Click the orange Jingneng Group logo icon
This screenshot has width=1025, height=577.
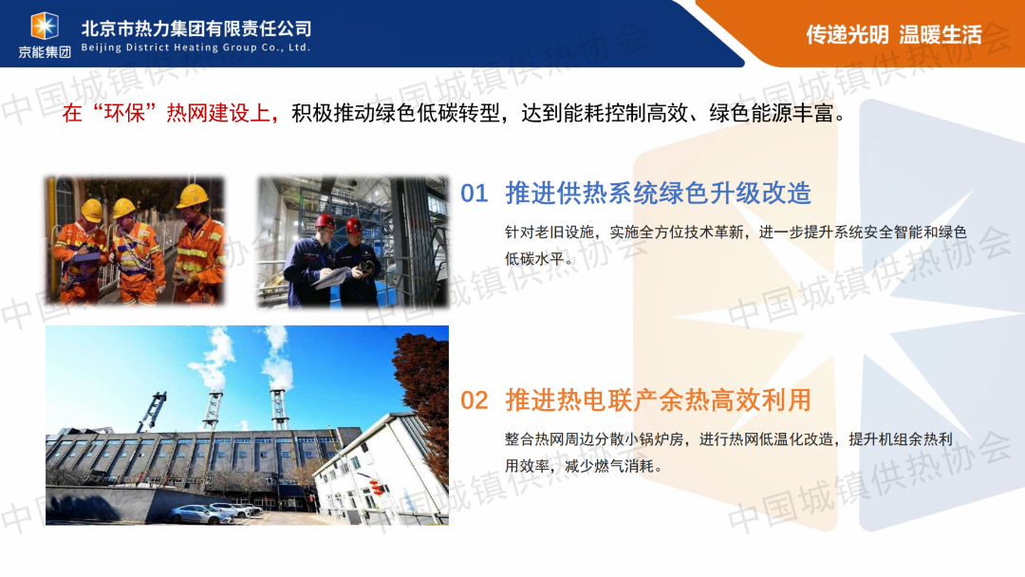(45, 27)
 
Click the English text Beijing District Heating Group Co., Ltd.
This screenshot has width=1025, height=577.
(196, 47)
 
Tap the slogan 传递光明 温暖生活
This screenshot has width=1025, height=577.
(894, 34)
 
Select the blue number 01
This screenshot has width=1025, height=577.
(474, 194)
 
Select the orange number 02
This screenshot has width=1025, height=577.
(474, 400)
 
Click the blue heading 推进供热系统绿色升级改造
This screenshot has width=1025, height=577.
(658, 194)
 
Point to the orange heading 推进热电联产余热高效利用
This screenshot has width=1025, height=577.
(658, 400)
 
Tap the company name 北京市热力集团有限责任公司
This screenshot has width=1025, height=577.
(196, 28)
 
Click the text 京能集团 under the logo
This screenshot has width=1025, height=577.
(45, 51)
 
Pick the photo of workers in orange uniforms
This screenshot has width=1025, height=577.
(134, 240)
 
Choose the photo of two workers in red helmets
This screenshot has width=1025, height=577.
(352, 242)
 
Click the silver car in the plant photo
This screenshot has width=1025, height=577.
(199, 513)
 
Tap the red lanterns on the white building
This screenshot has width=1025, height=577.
(376, 487)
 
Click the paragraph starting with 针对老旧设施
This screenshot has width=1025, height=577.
(736, 246)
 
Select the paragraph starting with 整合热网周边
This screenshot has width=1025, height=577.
(728, 452)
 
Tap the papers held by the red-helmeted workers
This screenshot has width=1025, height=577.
(332, 278)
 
